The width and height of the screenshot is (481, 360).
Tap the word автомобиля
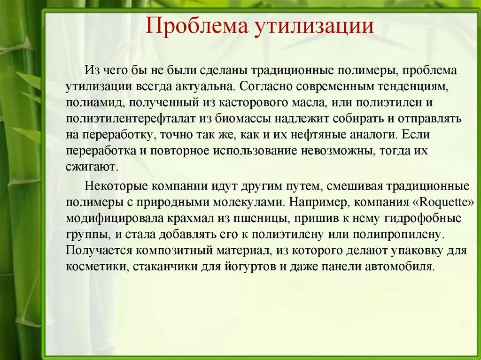tap(399, 267)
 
